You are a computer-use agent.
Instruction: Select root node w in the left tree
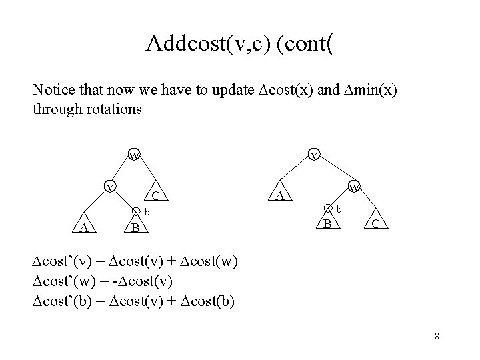pyautogui.click(x=134, y=155)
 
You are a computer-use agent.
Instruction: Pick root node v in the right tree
pyautogui.click(x=313, y=155)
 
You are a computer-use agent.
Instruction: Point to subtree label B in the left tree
pyautogui.click(x=135, y=229)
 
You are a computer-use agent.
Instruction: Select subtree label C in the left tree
pyautogui.click(x=155, y=196)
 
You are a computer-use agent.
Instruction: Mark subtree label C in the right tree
pyautogui.click(x=376, y=224)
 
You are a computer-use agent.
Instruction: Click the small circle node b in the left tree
pyautogui.click(x=136, y=213)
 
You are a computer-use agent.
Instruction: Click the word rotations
pyautogui.click(x=115, y=109)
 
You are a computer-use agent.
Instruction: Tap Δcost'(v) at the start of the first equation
pyautogui.click(x=63, y=259)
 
